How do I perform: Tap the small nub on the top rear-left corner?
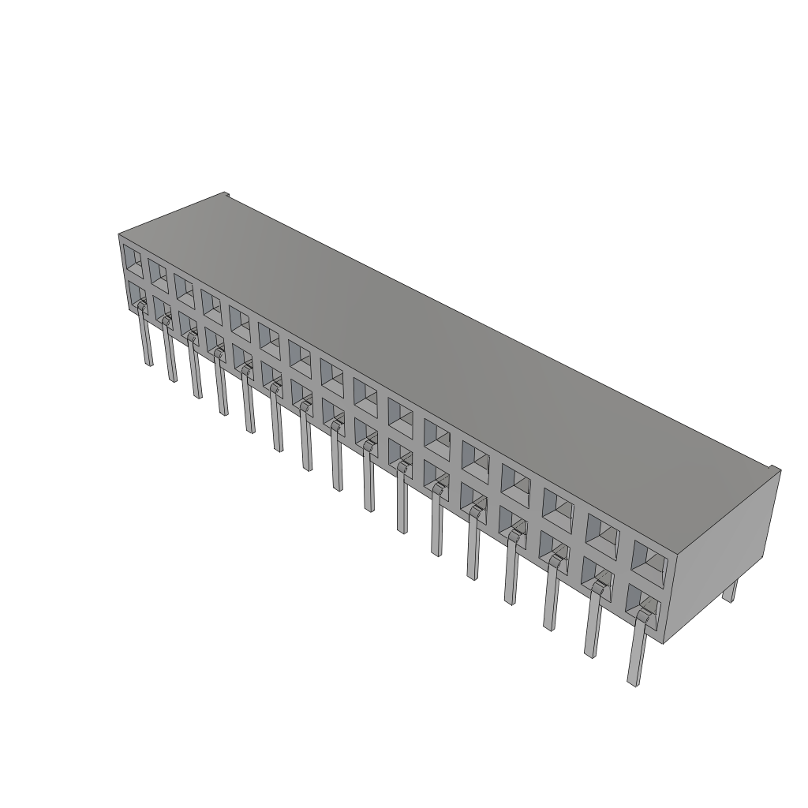[224, 194]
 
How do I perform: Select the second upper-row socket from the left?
[158, 274]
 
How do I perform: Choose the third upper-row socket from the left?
[185, 288]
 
